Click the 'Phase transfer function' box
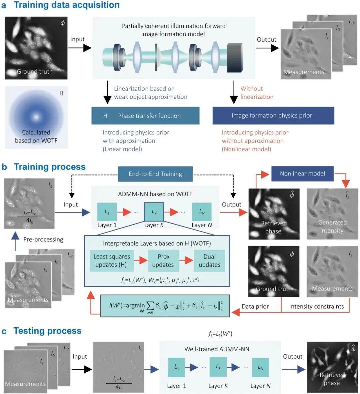tap(145, 116)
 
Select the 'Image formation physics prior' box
tap(273, 116)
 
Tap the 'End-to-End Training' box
tap(155, 174)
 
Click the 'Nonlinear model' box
tap(302, 173)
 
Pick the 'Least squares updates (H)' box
tap(112, 261)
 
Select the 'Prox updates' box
tap(163, 261)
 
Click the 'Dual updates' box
tap(209, 261)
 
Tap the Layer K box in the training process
tap(154, 212)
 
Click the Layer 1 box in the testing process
tap(176, 367)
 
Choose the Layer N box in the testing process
tap(260, 367)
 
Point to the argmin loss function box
tap(165, 305)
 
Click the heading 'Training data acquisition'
tap(67, 5)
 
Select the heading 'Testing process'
tap(47, 331)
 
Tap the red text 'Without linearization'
tap(257, 93)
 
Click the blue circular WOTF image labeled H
tap(36, 117)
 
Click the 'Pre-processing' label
tap(43, 239)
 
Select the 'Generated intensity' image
tap(332, 214)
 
